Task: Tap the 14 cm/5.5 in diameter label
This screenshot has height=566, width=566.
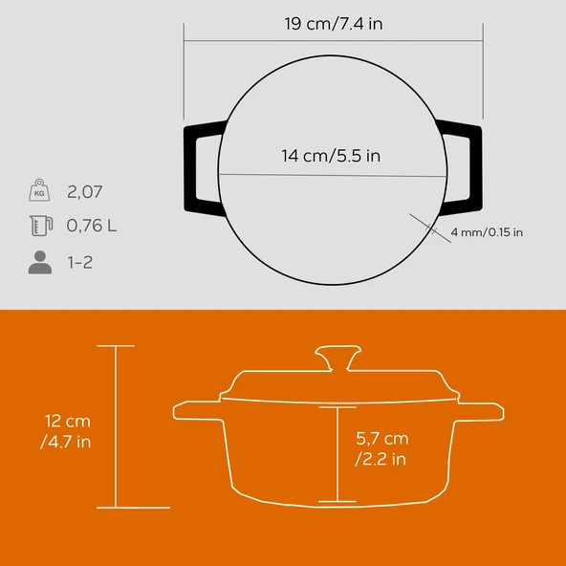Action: pos(333,156)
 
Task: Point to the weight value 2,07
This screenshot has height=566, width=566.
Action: pos(85,191)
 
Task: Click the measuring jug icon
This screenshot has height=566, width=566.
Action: pos(39,227)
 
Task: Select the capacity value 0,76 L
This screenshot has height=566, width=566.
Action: pos(93,227)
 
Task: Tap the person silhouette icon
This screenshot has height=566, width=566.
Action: pos(39,262)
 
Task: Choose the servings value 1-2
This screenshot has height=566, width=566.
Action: pos(80,262)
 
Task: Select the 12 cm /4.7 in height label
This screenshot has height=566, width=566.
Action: pos(66,430)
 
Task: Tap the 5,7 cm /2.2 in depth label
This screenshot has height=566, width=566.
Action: pos(381,448)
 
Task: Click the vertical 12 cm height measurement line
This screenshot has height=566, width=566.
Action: pos(116,425)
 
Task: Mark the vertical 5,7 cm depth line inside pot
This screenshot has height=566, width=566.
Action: pos(337,453)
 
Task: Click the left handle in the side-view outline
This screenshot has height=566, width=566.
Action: pos(196,412)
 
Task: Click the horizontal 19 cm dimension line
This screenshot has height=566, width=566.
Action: pos(334,41)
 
